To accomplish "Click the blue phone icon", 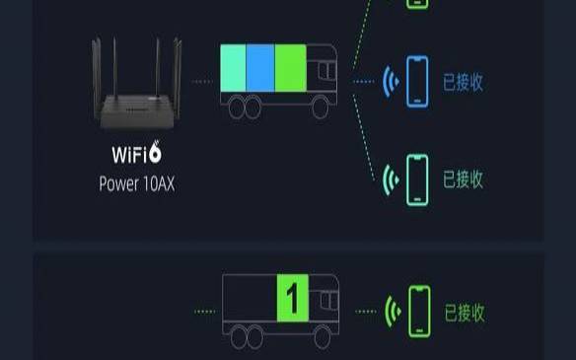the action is coord(418,81).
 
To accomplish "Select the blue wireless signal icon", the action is coord(390,81).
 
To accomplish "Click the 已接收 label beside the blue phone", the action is coord(463,82).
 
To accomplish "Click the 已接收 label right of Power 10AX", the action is coord(463,180).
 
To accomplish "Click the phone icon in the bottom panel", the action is coord(421,312).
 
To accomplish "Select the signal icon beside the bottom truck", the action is coord(393,312).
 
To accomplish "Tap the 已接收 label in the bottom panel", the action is coord(465,313).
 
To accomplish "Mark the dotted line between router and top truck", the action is coord(203,81).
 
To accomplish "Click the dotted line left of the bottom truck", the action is coord(205,312).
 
